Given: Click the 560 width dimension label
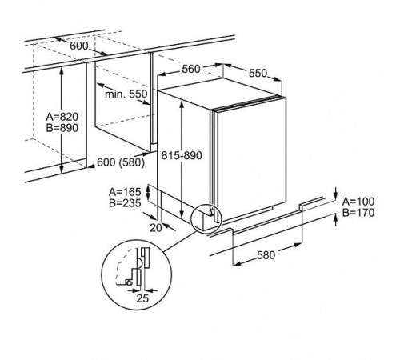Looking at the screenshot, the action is point(191,69).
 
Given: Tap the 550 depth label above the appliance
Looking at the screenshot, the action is point(258,73).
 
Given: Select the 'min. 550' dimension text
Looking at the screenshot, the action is point(126,94).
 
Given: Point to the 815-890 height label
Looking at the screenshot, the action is point(182,155).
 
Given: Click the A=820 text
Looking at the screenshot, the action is point(62,117).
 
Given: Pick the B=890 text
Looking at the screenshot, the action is point(62,128).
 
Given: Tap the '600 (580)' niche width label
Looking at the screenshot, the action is point(121,162).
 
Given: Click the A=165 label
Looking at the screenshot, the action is point(125,192).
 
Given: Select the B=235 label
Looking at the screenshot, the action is point(125,203).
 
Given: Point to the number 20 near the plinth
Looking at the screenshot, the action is point(156,228).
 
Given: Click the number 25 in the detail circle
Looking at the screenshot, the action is point(142,298).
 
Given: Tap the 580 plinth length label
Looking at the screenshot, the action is point(266,255).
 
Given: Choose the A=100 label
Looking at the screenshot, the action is point(358,202).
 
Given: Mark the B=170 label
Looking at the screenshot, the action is point(358,213).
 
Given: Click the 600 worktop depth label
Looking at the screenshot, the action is point(78,46).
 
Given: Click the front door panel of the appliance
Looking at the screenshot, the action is point(252,158).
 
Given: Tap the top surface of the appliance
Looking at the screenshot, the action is point(222,92).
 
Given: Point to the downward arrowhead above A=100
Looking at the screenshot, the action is point(336,194).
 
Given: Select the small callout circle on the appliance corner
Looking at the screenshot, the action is point(191,218).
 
